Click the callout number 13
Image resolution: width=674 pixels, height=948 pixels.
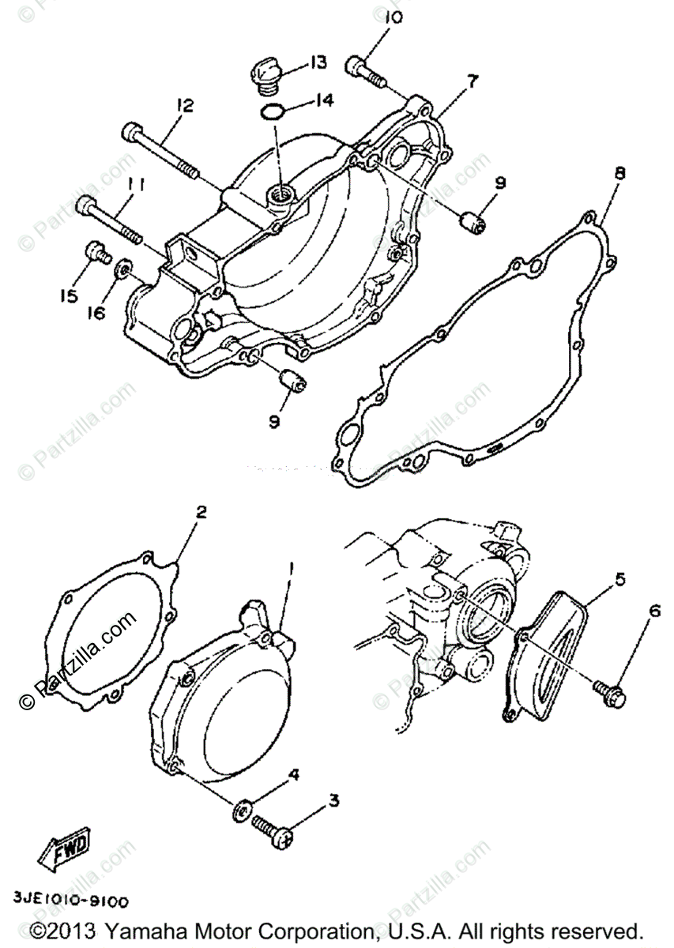318,62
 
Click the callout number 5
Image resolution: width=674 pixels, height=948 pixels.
619,580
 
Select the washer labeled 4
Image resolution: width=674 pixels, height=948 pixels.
242,810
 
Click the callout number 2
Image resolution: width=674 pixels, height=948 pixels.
201,512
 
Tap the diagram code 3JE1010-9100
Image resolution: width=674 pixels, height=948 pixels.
70,900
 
